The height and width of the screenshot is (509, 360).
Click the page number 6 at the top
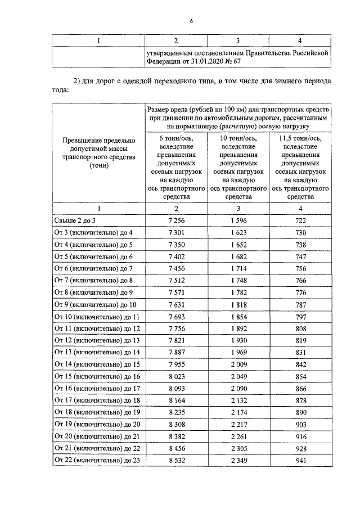click(x=191, y=21)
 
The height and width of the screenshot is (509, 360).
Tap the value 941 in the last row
click(x=300, y=461)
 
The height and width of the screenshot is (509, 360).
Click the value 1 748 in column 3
click(x=238, y=281)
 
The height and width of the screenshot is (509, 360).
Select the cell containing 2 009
click(x=238, y=364)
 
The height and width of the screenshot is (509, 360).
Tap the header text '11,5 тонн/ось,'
click(x=300, y=138)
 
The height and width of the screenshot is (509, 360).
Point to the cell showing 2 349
click(x=238, y=461)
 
